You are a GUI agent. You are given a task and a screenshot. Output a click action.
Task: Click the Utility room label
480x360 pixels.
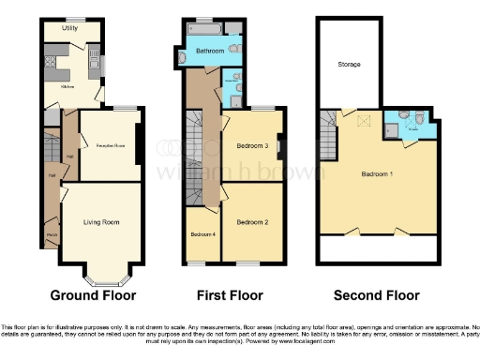pos(69,29)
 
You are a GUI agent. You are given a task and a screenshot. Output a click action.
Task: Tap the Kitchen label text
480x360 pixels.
pos(68,85)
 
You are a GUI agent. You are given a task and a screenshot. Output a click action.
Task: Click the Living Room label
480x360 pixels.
pos(100,222)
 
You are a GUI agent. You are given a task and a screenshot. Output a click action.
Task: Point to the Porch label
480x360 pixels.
pos(50,235)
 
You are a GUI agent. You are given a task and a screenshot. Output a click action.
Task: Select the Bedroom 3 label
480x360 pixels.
pos(252,146)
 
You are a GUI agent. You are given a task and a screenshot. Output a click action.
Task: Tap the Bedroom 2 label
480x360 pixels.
pos(252,222)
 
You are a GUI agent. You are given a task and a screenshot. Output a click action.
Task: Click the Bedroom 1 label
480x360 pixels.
pos(378,175)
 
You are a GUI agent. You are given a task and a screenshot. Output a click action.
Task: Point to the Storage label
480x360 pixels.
pos(351,64)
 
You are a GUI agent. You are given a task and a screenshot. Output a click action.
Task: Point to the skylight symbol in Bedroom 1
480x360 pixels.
pos(364,121)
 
